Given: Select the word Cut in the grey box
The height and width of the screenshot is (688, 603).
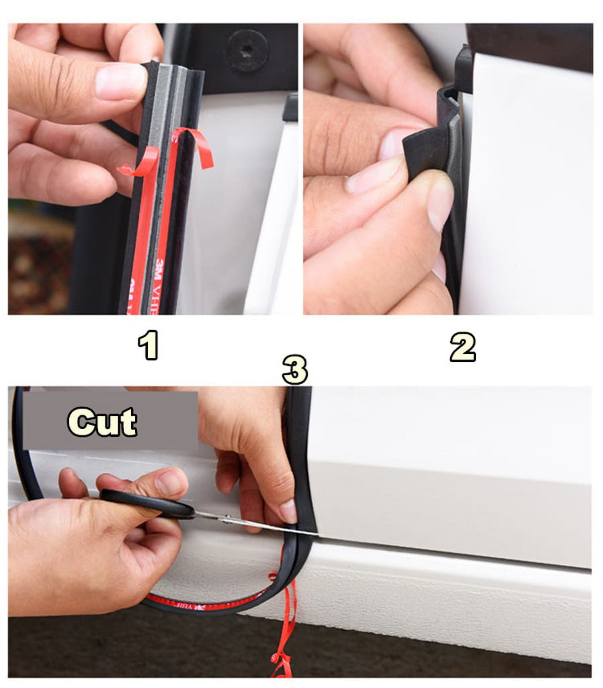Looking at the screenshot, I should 102,422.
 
